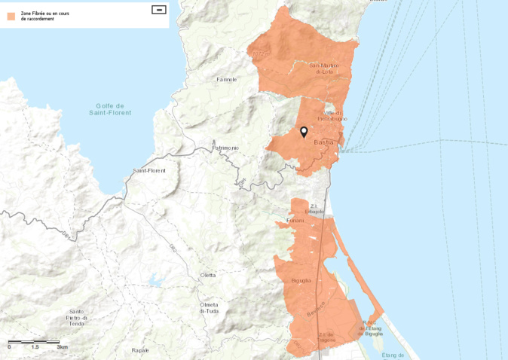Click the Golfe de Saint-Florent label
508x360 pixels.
110,109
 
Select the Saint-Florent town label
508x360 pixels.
148,171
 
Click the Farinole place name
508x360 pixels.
226,79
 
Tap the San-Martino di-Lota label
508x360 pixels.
325,69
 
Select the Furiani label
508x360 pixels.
295,220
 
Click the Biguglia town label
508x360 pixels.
301,280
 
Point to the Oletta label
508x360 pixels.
208,275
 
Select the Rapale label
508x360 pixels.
140,350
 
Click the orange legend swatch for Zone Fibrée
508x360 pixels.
11,16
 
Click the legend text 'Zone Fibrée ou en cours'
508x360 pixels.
44,14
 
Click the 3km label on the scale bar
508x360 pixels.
62,347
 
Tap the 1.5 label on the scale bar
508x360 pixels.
35,347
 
